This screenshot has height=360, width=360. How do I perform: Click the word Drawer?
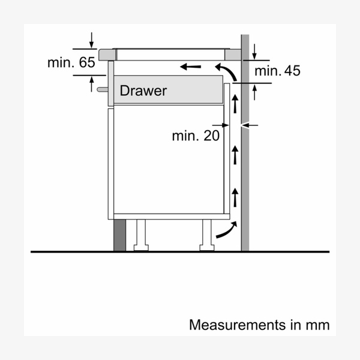(x=143, y=91)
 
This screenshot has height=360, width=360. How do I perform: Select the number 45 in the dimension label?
(x=291, y=71)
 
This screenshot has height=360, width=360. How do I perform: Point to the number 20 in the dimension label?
(x=209, y=136)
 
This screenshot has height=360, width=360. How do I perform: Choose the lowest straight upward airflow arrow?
(x=235, y=196)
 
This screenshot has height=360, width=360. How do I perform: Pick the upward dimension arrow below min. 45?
(x=254, y=91)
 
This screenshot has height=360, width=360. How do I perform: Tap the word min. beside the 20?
(x=185, y=136)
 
